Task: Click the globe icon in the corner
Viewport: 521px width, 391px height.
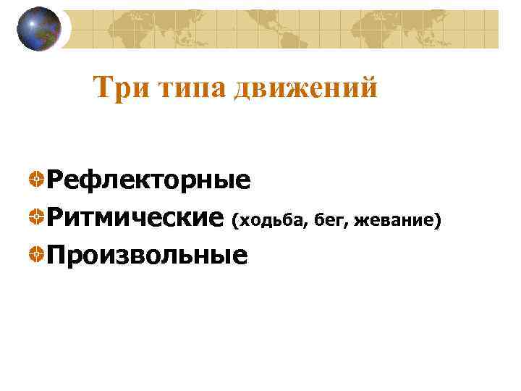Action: click(x=40, y=30)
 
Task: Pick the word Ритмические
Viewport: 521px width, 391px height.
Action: click(x=135, y=216)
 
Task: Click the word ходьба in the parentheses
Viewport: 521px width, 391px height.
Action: click(x=273, y=219)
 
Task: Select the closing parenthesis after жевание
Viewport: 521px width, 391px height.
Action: click(x=436, y=219)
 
